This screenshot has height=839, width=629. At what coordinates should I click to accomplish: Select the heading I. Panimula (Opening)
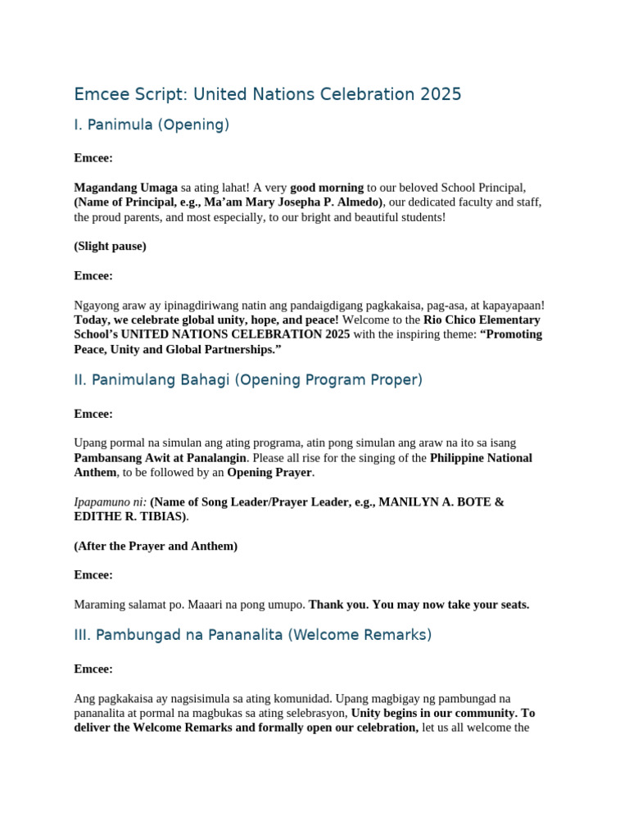tap(152, 125)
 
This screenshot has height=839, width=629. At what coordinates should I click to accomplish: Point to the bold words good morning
tap(327, 188)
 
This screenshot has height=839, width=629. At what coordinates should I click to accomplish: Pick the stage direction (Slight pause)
tap(110, 246)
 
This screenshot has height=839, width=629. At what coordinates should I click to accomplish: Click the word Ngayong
tap(96, 305)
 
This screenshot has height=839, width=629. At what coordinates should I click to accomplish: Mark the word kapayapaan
tap(509, 305)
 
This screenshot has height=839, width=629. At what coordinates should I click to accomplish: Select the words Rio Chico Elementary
tap(482, 320)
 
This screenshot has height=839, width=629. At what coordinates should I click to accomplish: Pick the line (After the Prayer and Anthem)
tap(156, 546)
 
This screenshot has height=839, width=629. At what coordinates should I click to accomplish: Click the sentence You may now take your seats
tap(450, 605)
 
